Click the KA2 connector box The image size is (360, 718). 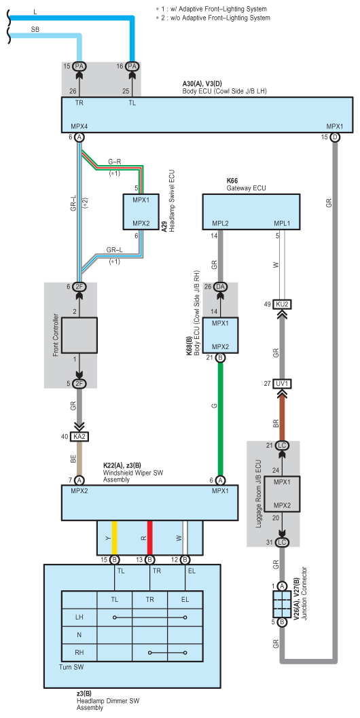coord(79,437)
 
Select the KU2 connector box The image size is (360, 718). coord(282,304)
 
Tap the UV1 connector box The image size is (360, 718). coord(282,383)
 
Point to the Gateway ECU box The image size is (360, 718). coord(251,211)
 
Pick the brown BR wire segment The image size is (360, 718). coord(282,414)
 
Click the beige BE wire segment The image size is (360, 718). coord(79,459)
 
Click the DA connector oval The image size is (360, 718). coord(220,287)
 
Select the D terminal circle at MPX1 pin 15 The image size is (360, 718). coord(335,137)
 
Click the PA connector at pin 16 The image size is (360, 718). coord(132,67)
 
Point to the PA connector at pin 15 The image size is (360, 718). coord(79,67)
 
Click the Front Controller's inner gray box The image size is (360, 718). coord(79,336)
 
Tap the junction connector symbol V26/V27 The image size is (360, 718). coord(282,603)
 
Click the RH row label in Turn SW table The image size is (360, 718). coord(79,652)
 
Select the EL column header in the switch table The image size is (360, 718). coord(185,599)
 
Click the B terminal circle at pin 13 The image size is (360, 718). coord(149,560)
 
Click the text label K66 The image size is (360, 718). coord(233,181)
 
